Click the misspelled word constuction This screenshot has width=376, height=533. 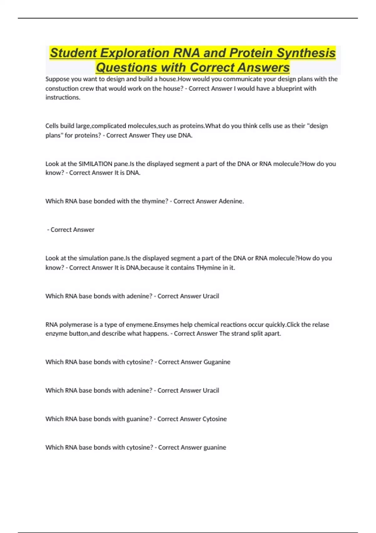click(x=61, y=88)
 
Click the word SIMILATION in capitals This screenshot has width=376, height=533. click(x=95, y=164)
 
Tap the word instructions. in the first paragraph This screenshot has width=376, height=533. click(x=63, y=98)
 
